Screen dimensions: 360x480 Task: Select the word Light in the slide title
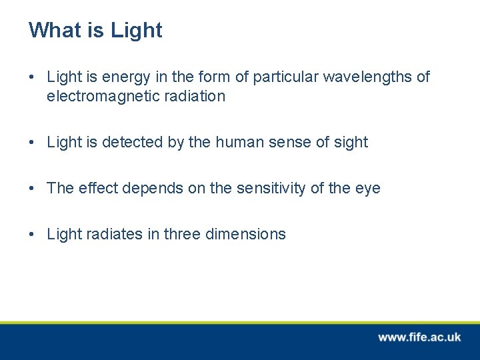(136, 31)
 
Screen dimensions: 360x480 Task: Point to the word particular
(286, 77)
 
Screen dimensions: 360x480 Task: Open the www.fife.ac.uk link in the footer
(419, 337)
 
